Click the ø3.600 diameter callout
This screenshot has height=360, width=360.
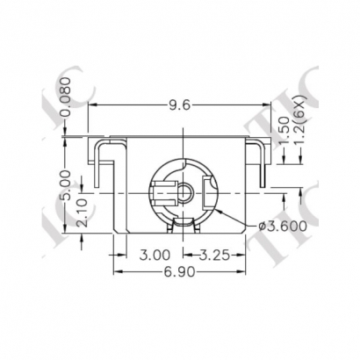tap(284, 227)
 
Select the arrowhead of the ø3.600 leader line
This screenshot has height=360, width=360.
tap(213, 211)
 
